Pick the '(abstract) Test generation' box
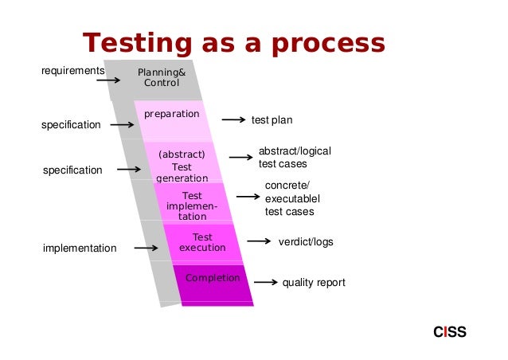coord(182,166)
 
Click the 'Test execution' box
coord(202,243)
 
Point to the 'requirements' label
coord(72,71)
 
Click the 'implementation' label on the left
coord(80,248)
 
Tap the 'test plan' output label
coord(272,120)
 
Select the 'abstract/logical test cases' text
coord(294,158)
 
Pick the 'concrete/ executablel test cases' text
coord(289,199)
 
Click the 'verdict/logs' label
coord(306,241)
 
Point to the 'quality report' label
coord(314,283)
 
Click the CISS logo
coord(450,332)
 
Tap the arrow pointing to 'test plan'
coord(233,120)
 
